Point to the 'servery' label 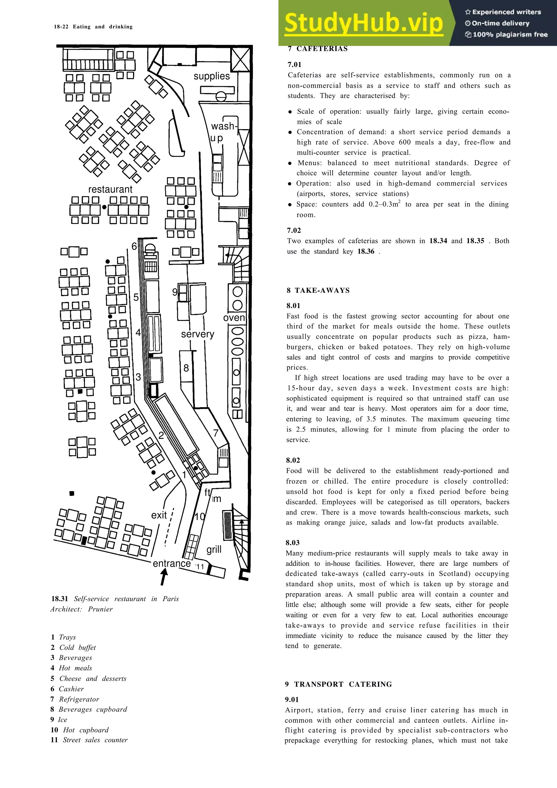click(x=197, y=334)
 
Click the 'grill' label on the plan click(x=214, y=550)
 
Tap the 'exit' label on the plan click(x=159, y=515)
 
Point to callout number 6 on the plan click(x=134, y=246)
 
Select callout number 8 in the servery click(x=186, y=368)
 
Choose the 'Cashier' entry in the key click(x=71, y=689)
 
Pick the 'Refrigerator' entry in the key click(x=79, y=699)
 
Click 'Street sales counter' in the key click(x=95, y=740)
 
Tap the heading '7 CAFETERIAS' click(x=317, y=49)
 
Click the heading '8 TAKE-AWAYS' click(x=318, y=290)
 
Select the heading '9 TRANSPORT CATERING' click(x=338, y=684)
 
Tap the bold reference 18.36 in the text click(x=366, y=251)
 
